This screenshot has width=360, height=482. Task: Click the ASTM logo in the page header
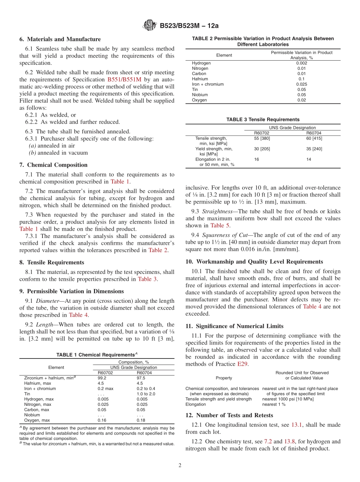149,26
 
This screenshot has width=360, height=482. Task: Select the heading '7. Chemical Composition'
53,165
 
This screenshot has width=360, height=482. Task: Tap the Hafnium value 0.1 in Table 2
302,79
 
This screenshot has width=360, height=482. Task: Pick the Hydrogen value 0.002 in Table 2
302,63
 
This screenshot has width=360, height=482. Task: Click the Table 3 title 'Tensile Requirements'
263,119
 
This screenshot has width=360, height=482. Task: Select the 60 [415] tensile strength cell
314,138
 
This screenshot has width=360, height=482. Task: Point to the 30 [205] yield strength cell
262,149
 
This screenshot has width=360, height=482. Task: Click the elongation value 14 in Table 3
309,160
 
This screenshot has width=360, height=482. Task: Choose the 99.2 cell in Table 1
102,378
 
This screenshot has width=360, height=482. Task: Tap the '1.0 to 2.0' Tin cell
146,394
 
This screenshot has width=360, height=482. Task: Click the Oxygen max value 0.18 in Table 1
141,420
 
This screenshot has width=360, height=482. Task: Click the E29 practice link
242,364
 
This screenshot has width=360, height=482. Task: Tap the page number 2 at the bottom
180,464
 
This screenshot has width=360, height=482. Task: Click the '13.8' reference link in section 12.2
289,441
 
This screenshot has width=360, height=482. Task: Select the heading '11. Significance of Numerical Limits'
234,326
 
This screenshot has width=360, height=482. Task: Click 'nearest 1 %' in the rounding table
274,404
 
